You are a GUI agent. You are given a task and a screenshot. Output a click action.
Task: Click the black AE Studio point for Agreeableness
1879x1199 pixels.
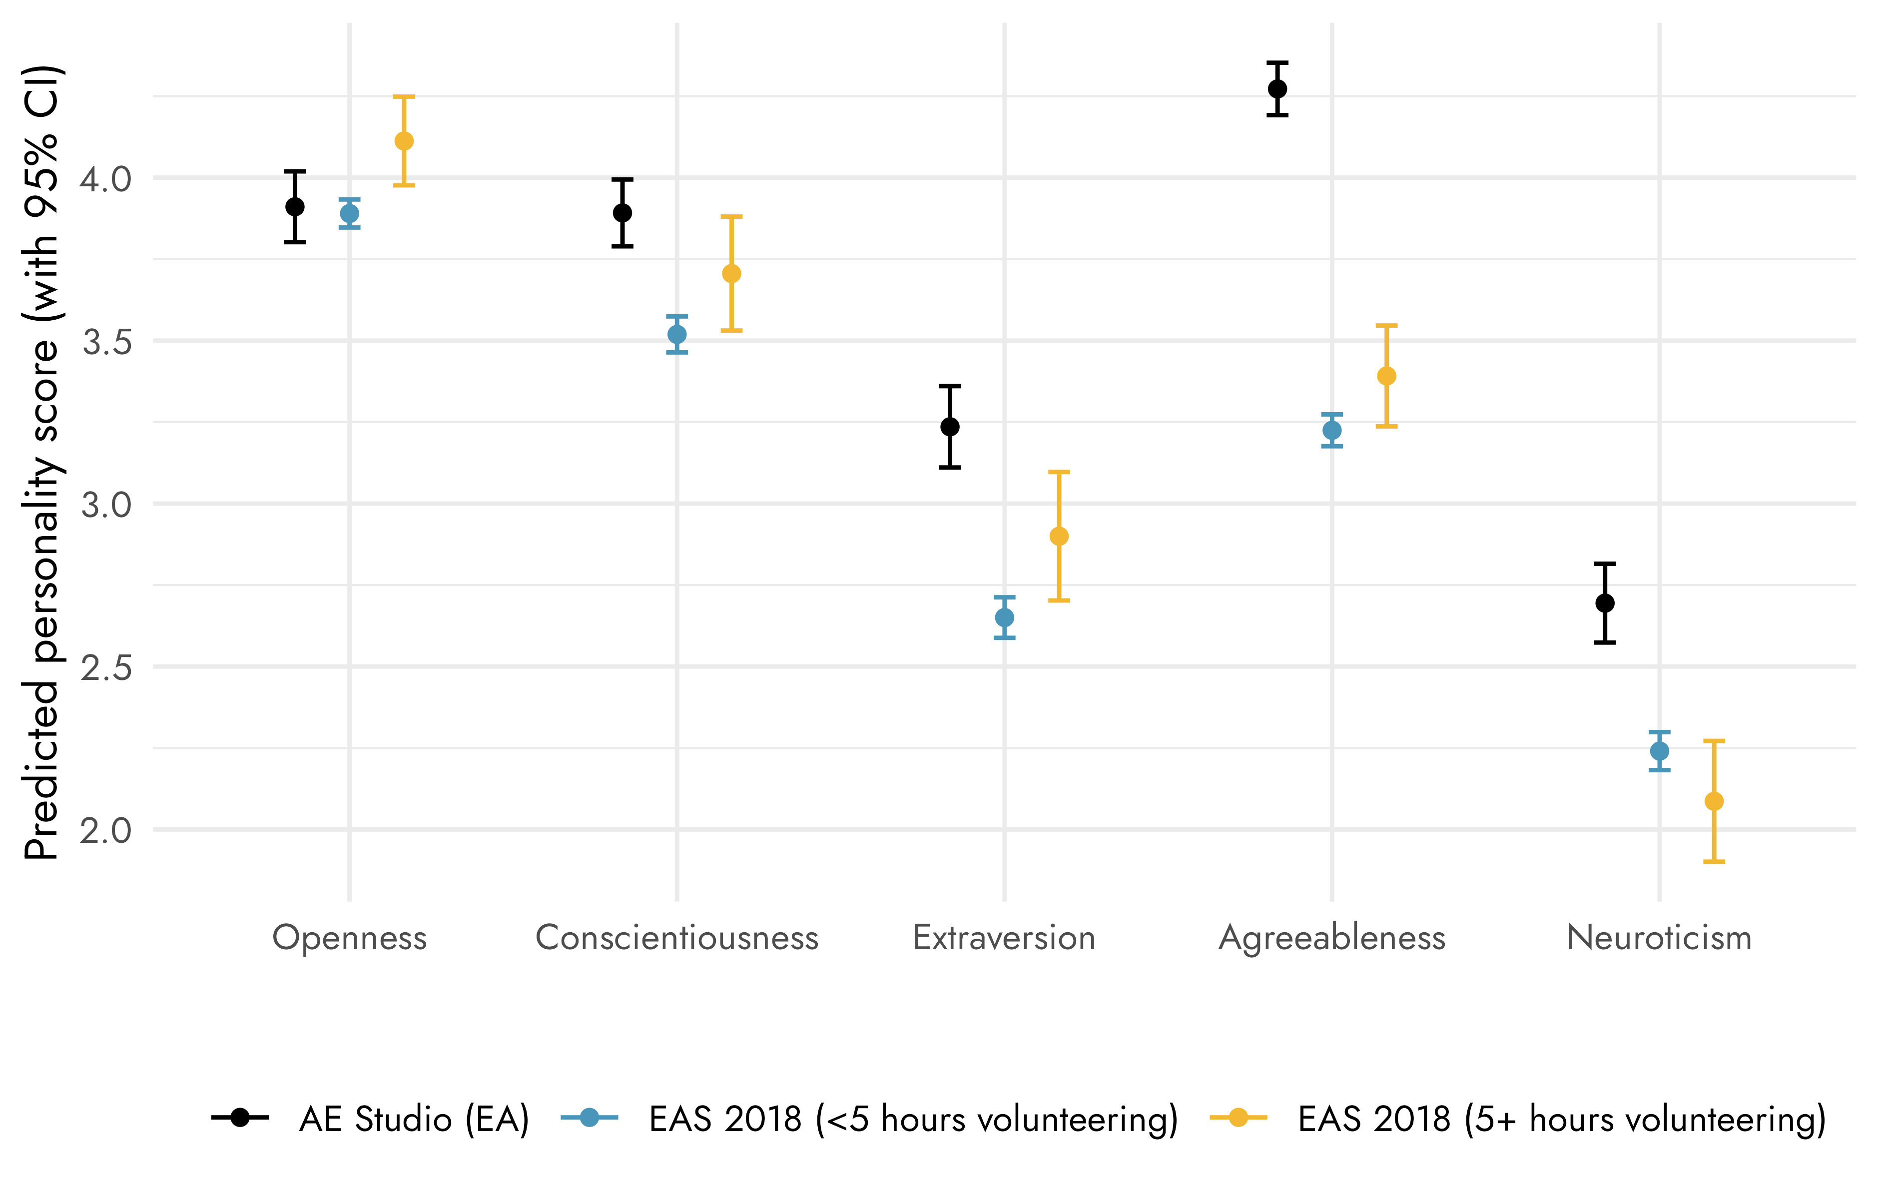pyautogui.click(x=1277, y=89)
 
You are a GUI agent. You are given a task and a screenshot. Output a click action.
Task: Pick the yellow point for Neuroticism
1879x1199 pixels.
pyautogui.click(x=1714, y=802)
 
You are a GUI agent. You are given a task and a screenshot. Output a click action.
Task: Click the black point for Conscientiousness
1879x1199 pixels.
pyautogui.click(x=622, y=213)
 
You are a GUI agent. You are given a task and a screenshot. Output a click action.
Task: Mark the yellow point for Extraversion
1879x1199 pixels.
pyautogui.click(x=1059, y=537)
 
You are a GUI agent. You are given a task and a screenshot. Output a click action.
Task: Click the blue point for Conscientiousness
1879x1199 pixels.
pyautogui.click(x=676, y=335)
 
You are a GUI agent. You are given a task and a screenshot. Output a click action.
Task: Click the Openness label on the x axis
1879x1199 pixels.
pyautogui.click(x=349, y=938)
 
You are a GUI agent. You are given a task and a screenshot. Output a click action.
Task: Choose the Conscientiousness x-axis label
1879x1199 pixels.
pyautogui.click(x=676, y=938)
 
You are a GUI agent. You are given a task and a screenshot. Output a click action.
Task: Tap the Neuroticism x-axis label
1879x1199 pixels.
pyautogui.click(x=1660, y=938)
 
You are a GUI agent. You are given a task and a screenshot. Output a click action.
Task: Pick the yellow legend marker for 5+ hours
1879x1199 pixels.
pyautogui.click(x=1238, y=1118)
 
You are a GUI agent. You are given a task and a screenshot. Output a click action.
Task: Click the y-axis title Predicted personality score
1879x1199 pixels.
pyautogui.click(x=40, y=464)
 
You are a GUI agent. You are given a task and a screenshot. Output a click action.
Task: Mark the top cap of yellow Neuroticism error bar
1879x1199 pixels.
pyautogui.click(x=1714, y=741)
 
